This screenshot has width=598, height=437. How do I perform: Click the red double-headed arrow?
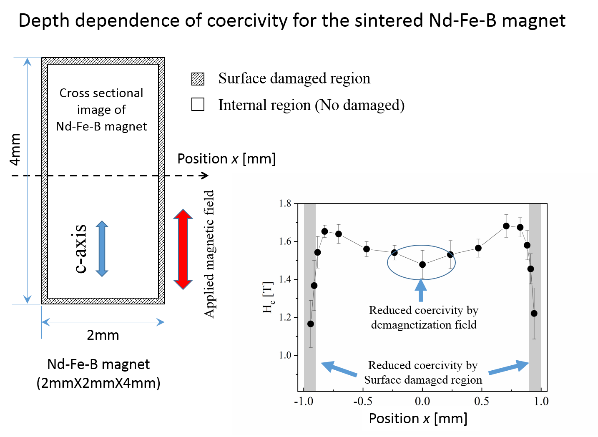(183, 249)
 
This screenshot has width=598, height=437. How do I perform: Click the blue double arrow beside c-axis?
(102, 249)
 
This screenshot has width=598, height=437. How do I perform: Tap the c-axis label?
(80, 249)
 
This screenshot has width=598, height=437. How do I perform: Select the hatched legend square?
(198, 79)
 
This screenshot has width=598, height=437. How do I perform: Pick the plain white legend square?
(198, 104)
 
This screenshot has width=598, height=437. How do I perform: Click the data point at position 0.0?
(422, 264)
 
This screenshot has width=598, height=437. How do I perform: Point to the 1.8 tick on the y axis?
(285, 203)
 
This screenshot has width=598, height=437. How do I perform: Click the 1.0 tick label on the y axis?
(285, 355)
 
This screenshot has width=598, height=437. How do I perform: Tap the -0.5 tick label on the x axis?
(363, 402)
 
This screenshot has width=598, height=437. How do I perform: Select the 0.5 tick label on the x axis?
(482, 402)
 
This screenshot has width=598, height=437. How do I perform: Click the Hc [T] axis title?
(268, 297)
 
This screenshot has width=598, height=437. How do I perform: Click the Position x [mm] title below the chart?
(418, 418)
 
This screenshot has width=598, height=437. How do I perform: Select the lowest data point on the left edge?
(311, 324)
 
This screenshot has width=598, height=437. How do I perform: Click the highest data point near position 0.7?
(506, 226)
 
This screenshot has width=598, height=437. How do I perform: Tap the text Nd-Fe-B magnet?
(101, 126)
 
